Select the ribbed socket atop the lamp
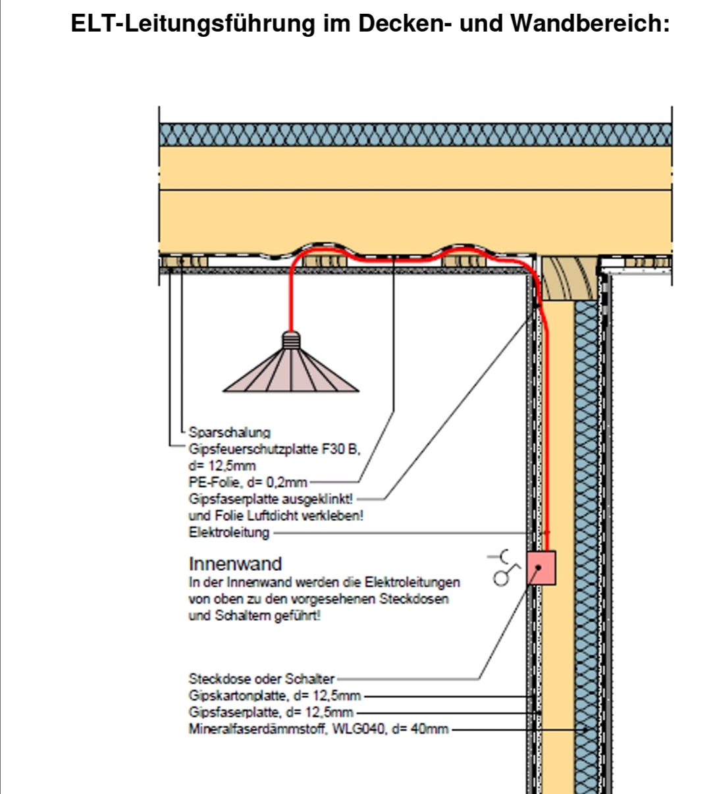(x=290, y=340)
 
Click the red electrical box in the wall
(x=542, y=568)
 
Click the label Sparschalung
(x=229, y=433)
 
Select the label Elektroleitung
(x=229, y=532)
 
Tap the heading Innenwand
(x=235, y=564)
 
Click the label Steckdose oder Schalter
(x=261, y=679)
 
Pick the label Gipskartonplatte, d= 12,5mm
(x=275, y=696)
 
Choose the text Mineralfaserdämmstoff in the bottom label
(x=257, y=729)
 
